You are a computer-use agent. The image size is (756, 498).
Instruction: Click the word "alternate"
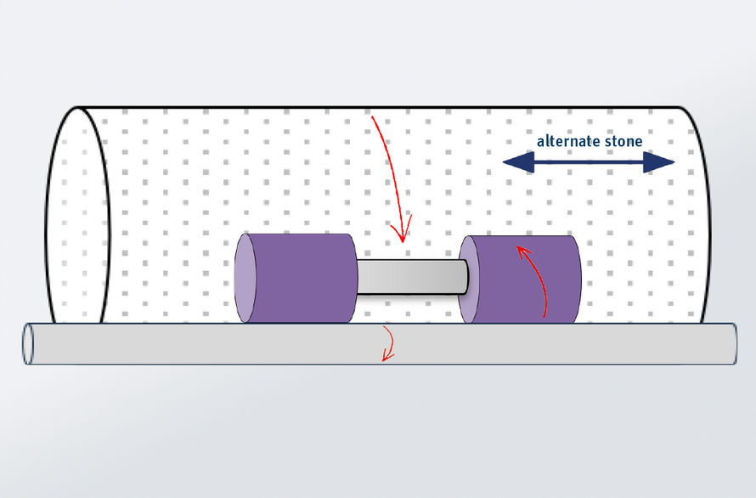point(565,141)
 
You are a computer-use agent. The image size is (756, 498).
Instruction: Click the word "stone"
point(621,141)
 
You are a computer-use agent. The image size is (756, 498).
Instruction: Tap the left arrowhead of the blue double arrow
point(518,162)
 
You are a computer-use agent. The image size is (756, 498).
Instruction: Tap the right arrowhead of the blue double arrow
point(659,162)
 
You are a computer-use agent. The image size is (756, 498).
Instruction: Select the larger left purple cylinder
point(296,278)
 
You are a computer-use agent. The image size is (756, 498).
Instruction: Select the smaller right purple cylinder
point(520,280)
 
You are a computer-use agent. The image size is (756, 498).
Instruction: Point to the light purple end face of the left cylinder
point(245,278)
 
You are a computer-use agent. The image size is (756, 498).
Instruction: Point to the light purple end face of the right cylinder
point(469,280)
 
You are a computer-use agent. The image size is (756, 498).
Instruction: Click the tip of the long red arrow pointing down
point(403,242)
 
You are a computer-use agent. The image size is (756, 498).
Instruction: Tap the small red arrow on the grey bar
point(388,343)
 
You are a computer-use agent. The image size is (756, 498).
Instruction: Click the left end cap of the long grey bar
point(28,343)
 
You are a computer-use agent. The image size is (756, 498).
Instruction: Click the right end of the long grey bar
point(734,343)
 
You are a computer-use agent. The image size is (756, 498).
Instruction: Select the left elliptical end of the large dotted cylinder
point(77,215)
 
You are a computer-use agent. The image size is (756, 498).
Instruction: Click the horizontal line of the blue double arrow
point(589,162)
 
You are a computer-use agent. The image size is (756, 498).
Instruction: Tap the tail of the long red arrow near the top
point(372,116)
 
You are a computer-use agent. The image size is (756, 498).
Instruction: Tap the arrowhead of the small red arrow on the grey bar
point(386,358)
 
